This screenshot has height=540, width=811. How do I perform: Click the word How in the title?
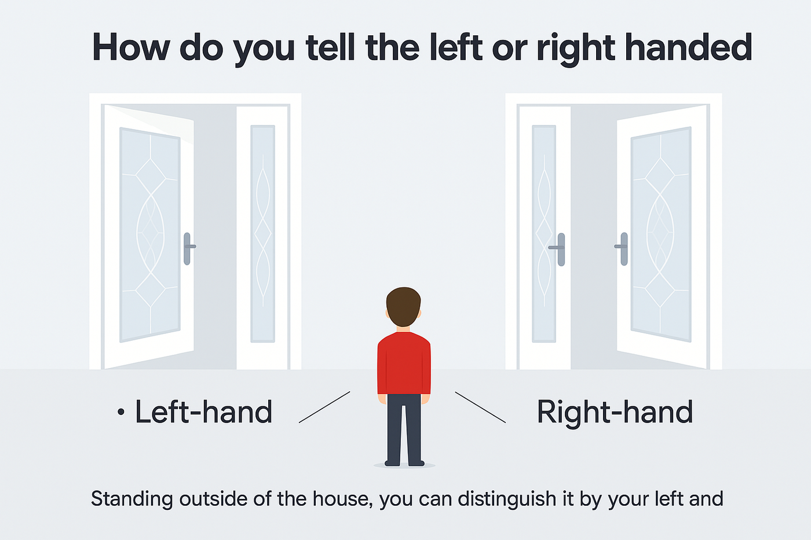(x=131, y=47)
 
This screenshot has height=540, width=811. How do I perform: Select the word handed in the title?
(x=689, y=47)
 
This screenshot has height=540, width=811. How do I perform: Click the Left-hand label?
(x=203, y=412)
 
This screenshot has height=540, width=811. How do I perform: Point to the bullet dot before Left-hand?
(x=121, y=412)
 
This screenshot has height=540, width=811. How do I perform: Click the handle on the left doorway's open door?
(x=189, y=248)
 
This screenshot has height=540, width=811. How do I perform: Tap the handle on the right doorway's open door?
(x=622, y=248)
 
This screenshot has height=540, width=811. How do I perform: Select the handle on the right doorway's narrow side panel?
(x=558, y=249)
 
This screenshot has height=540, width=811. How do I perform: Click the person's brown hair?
(x=403, y=306)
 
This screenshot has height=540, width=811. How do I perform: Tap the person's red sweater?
(x=404, y=363)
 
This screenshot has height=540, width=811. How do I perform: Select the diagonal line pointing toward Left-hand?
(x=324, y=407)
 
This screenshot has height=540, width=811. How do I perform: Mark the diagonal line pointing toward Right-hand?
(x=480, y=407)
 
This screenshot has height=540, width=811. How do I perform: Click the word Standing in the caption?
(x=132, y=499)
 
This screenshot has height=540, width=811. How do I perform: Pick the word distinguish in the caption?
(x=507, y=499)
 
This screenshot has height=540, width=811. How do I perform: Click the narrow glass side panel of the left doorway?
(x=262, y=234)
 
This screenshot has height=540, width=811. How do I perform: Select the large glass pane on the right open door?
(x=661, y=234)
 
